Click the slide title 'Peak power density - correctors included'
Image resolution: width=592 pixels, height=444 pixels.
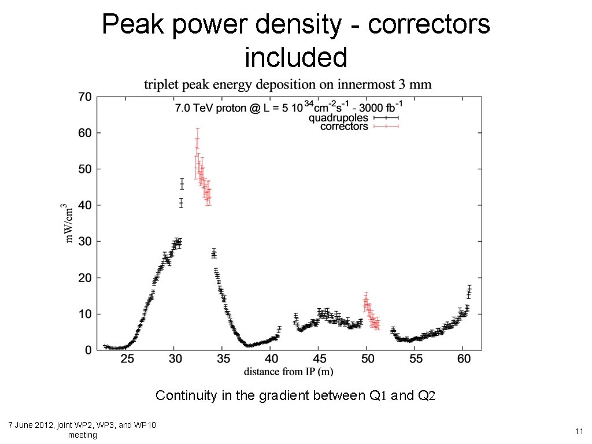tap(296, 40)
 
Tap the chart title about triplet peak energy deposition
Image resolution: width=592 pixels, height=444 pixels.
tap(287, 85)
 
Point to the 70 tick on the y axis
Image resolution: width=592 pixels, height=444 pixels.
tap(84, 97)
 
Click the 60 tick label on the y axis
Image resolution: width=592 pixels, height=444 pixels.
tap(84, 133)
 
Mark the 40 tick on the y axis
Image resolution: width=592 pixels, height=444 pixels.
tap(84, 205)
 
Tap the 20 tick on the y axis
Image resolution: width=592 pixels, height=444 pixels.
tap(84, 277)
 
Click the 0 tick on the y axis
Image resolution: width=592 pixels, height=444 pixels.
tap(88, 350)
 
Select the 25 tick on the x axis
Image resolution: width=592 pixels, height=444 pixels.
tap(127, 359)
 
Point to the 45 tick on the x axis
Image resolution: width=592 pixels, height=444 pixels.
tap(319, 359)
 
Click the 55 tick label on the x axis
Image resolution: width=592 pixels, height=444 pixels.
tap(415, 359)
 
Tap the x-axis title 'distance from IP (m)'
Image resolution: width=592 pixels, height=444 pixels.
tap(288, 371)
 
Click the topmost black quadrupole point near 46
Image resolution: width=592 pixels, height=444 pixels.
tap(182, 184)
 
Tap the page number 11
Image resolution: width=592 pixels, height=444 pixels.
tap(578, 431)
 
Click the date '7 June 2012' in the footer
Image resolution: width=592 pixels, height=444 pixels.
tap(32, 425)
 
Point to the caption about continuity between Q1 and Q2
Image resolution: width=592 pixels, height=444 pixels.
tap(295, 396)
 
